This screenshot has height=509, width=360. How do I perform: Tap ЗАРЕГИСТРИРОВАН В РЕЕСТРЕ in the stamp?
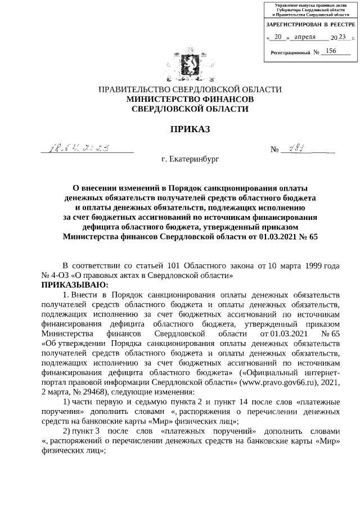[310, 25]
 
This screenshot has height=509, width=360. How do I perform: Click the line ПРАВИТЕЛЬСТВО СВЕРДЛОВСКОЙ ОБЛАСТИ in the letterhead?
[190, 89]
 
